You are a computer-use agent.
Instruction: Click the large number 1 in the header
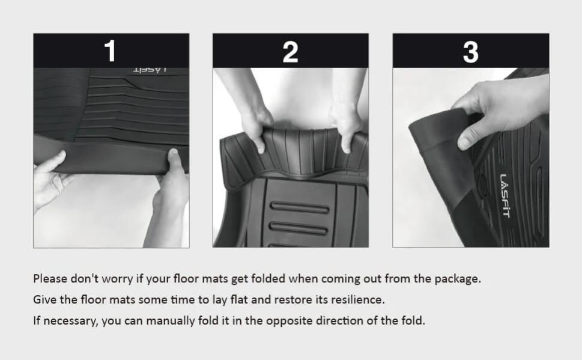coord(111,50)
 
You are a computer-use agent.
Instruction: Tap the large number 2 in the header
coord(290,52)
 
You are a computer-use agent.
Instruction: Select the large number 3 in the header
coord(471,52)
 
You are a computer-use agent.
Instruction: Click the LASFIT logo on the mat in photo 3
coord(506,196)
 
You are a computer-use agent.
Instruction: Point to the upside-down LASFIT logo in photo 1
coord(150,70)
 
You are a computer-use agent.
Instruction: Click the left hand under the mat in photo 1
coord(49,178)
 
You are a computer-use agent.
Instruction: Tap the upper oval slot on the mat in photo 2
coord(299,207)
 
